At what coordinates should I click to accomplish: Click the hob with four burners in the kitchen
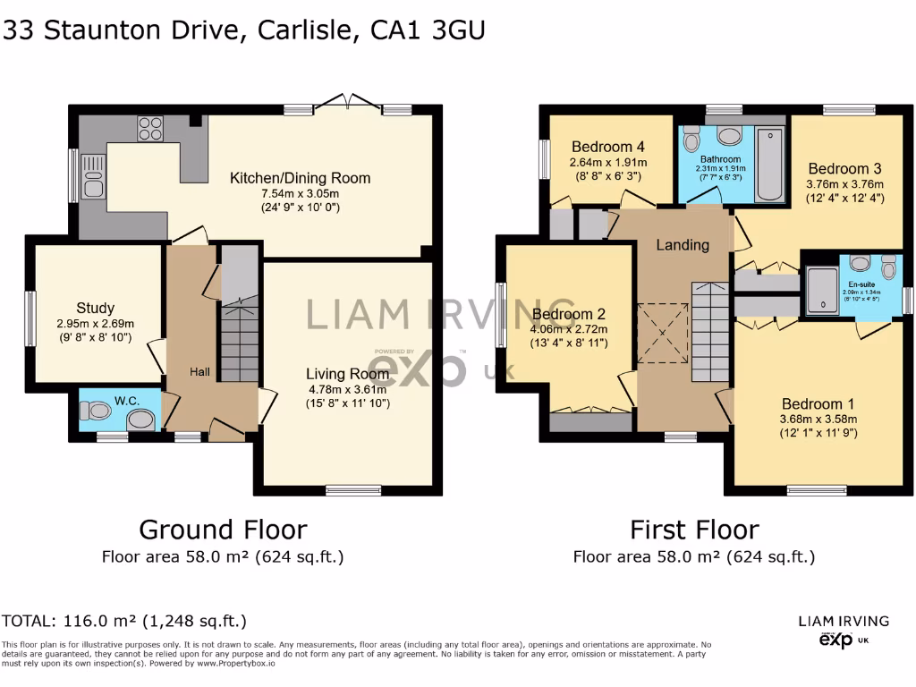point(150,129)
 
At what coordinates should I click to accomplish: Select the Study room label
point(95,309)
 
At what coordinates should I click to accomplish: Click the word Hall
point(199,371)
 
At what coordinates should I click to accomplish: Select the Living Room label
point(347,373)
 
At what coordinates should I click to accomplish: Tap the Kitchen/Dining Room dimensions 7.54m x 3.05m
point(300,193)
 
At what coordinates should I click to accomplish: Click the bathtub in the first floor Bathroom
point(769,164)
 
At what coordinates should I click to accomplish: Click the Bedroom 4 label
point(608,147)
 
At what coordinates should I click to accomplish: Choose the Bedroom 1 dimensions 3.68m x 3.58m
point(818,419)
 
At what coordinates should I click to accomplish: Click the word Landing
point(683,244)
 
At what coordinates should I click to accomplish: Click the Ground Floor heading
point(223,530)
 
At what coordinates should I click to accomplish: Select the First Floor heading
point(694,530)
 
